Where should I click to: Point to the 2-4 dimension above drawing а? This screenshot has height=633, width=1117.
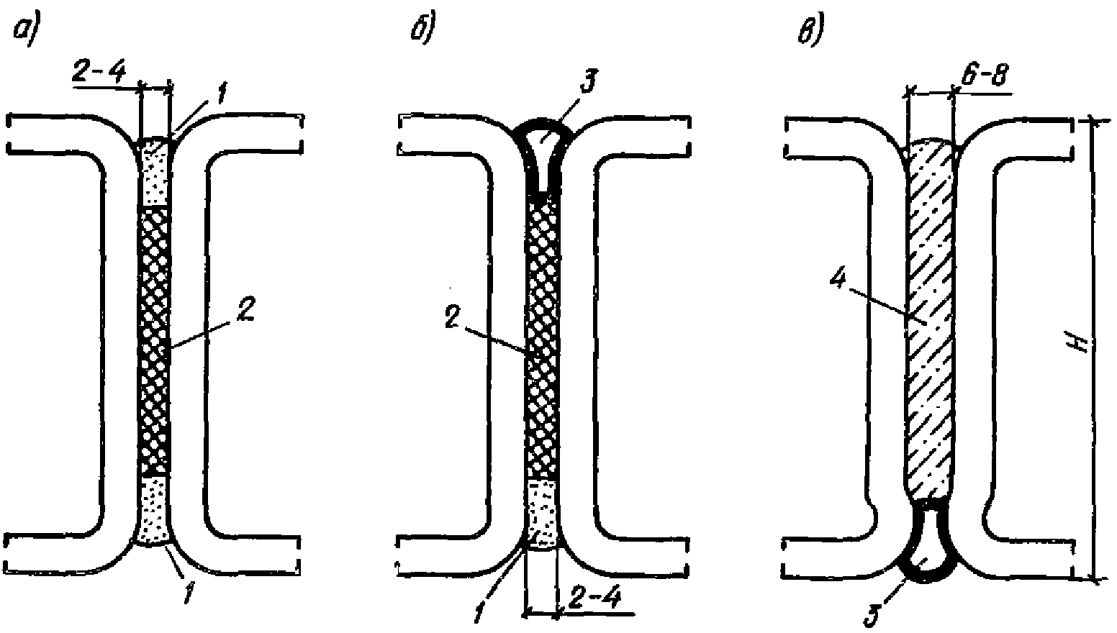click(x=98, y=73)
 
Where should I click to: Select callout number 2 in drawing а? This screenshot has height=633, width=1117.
click(x=245, y=309)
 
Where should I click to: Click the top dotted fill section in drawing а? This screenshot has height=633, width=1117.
click(x=155, y=171)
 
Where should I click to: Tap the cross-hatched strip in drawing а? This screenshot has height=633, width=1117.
click(x=153, y=340)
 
